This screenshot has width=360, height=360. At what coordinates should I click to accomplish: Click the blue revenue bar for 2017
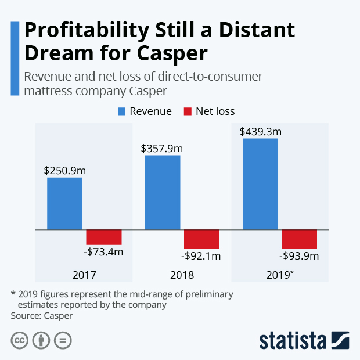point(64,203)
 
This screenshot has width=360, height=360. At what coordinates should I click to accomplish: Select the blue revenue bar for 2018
point(162,192)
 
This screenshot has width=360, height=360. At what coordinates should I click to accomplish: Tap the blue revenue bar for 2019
point(260,184)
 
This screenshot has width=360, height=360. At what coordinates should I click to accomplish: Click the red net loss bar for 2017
point(104,237)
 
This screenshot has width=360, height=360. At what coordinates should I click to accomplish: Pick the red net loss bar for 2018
point(201,239)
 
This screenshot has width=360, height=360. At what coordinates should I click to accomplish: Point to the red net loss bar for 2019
point(299,239)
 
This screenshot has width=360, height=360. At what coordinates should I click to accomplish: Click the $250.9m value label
point(64,171)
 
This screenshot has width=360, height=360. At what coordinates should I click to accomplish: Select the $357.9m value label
point(162,148)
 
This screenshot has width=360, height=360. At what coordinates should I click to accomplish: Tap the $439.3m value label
point(260,131)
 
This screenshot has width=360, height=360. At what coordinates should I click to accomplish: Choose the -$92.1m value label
point(201,256)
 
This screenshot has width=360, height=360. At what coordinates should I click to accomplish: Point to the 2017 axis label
point(84,275)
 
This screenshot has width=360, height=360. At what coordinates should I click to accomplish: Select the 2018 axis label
point(182,275)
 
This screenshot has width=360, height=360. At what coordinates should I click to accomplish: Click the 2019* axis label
point(281,275)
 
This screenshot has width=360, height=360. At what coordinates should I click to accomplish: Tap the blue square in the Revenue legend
point(123,111)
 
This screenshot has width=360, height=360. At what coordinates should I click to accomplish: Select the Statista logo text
point(293,340)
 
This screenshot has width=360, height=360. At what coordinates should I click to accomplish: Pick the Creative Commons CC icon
point(20,340)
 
